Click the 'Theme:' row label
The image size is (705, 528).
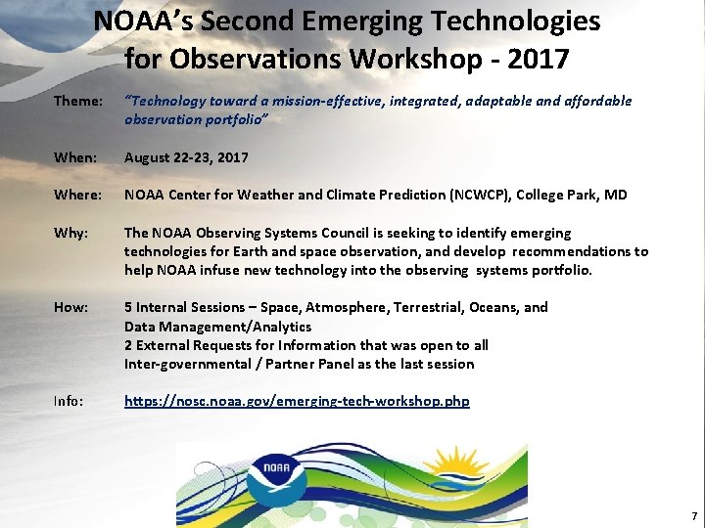(77, 102)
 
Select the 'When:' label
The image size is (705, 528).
(75, 157)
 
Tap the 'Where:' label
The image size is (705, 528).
(77, 196)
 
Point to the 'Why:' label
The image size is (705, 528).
(70, 234)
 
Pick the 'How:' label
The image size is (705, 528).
(70, 308)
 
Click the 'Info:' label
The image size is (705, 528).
(70, 402)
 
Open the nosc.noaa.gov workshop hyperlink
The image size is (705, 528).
(297, 402)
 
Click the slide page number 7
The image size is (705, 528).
(694, 515)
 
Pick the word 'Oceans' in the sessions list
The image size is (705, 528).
(496, 307)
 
